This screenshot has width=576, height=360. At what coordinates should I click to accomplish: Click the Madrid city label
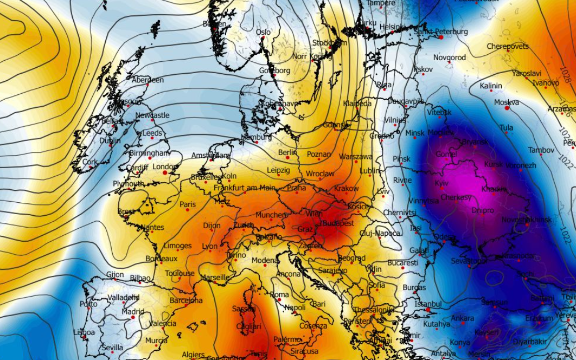click(133, 311)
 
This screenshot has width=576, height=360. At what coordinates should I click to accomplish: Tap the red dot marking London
click(165, 172)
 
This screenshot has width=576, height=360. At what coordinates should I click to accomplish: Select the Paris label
click(188, 204)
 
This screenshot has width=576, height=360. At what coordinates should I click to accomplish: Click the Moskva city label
click(506, 102)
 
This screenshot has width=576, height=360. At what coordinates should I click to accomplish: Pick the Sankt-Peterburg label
click(440, 31)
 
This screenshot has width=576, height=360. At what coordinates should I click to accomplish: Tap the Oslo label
click(263, 32)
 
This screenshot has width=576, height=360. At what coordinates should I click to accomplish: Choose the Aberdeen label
click(148, 80)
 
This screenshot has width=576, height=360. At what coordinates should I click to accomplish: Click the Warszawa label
click(355, 156)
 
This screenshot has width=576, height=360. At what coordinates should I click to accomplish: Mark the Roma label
click(279, 294)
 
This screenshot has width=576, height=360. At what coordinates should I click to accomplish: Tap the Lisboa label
click(84, 332)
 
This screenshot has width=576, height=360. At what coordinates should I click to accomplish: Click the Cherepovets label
click(507, 46)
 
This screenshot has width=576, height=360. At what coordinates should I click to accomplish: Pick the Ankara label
click(462, 318)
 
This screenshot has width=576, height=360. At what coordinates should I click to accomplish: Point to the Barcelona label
click(185, 300)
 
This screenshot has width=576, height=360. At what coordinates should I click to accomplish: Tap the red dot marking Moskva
click(507, 108)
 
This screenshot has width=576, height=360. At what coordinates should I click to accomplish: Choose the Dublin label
click(110, 140)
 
